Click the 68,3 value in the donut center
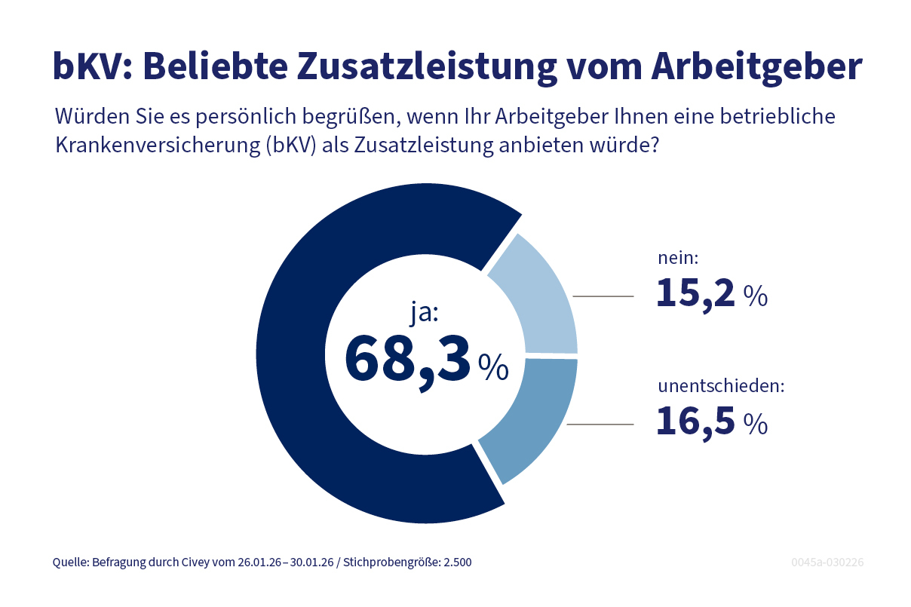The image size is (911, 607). (407, 359)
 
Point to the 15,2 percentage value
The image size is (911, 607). (695, 293)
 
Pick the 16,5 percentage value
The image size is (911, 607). (695, 422)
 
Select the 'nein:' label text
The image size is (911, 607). (679, 259)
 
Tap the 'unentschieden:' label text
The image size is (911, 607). (722, 387)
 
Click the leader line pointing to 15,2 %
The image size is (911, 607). (603, 296)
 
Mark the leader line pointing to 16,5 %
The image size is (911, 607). (600, 425)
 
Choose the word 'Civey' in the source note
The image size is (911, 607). (195, 563)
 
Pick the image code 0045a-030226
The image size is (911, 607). (827, 563)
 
